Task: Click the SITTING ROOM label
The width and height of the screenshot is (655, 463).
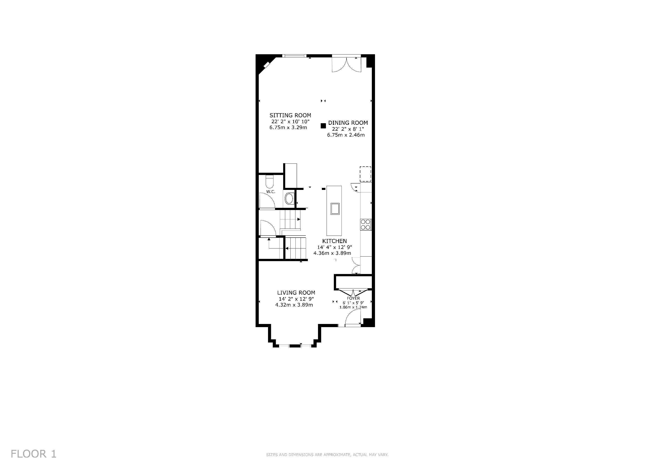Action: click(x=290, y=115)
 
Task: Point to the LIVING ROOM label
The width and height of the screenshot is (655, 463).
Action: click(x=296, y=293)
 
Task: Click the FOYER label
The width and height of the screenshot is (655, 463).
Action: click(x=354, y=298)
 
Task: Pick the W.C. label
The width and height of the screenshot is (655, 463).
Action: click(x=271, y=191)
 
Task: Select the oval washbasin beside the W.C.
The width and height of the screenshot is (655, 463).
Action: click(x=289, y=199)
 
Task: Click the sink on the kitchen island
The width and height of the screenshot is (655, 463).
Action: click(x=335, y=208)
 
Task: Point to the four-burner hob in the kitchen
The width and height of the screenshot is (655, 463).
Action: click(x=365, y=224)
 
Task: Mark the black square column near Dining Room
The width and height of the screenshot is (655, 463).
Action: click(x=323, y=126)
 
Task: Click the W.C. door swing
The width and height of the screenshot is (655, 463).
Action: click(x=267, y=201)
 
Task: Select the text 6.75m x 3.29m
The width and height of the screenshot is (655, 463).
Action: click(x=288, y=128)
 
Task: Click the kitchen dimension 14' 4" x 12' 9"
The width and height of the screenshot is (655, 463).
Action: click(x=335, y=247)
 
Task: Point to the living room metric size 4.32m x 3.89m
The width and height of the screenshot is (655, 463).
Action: click(x=294, y=305)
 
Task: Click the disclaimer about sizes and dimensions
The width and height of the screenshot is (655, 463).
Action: click(x=327, y=455)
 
